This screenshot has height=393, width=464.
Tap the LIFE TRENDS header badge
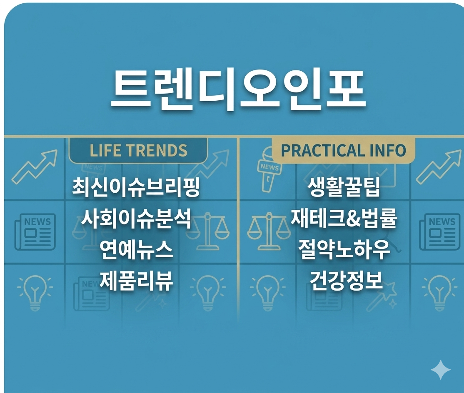click(x=138, y=150)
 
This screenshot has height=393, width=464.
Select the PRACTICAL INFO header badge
click(x=344, y=150)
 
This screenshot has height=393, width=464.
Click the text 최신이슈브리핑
click(x=136, y=187)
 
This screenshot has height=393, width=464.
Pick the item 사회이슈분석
click(x=136, y=219)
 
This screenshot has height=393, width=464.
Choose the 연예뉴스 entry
click(x=136, y=250)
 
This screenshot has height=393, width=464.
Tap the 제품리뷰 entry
click(x=136, y=281)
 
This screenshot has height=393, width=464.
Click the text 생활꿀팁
click(x=344, y=187)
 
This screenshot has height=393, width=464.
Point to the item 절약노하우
click(x=344, y=249)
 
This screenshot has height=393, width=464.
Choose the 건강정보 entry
click(x=346, y=280)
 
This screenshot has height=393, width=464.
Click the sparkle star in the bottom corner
click(x=441, y=369)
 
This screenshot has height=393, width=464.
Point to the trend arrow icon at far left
click(x=34, y=167)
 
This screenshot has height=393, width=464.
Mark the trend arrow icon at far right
click(x=439, y=167)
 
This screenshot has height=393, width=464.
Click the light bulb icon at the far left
click(x=35, y=292)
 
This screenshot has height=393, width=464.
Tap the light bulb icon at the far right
click(x=439, y=292)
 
